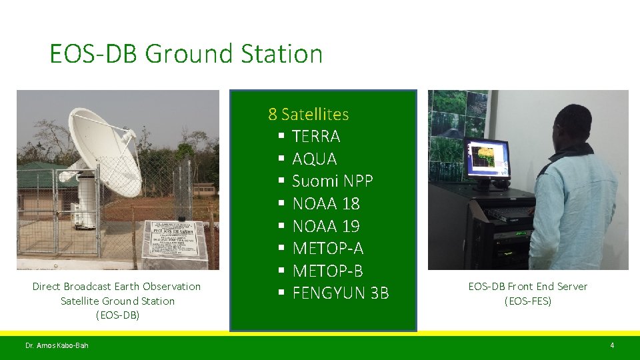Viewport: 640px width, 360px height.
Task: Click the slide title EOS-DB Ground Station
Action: coord(185,54)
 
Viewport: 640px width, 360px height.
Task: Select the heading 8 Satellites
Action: coord(308,114)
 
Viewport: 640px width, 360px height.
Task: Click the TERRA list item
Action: coord(316,137)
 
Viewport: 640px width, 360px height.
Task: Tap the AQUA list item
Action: coord(315,159)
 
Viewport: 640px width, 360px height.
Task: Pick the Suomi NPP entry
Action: coord(332,181)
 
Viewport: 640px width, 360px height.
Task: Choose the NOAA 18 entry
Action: coord(326,203)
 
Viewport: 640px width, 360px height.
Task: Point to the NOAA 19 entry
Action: coord(326,226)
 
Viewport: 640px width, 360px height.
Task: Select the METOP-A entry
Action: coord(327,249)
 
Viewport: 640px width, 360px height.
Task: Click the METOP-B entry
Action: coord(327,271)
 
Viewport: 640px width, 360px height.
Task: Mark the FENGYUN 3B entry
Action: coord(340,293)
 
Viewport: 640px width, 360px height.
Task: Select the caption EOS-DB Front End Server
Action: coord(527,287)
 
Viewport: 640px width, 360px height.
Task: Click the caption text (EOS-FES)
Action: coord(527,301)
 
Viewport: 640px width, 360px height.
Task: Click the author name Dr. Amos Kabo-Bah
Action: coord(57,345)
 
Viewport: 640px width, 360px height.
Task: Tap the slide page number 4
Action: coord(611,345)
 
